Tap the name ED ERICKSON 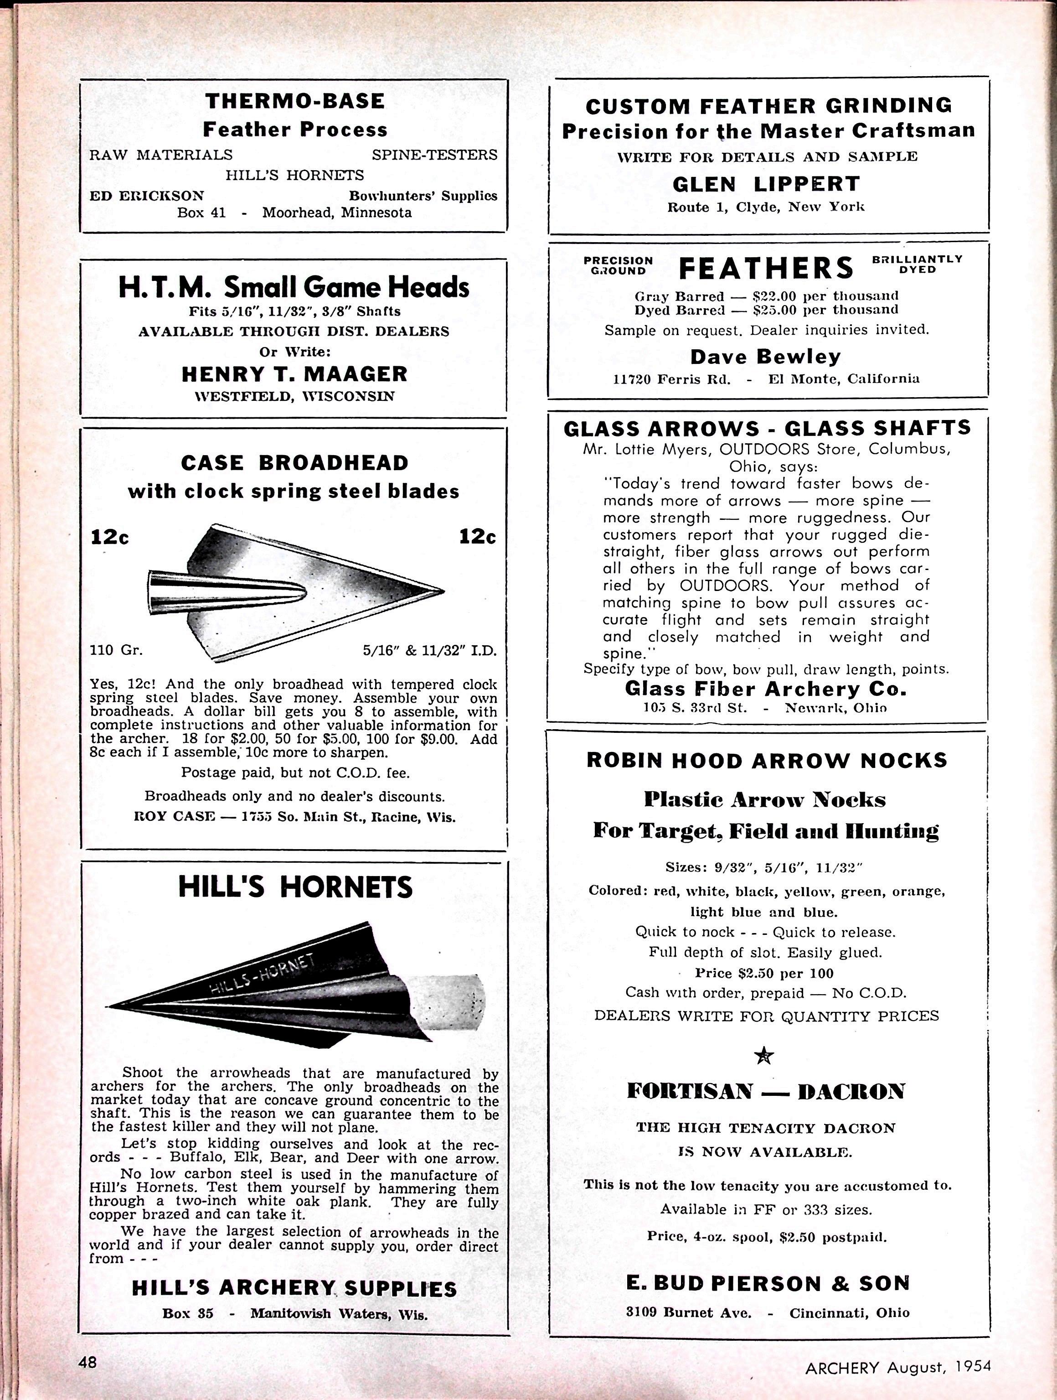[x=146, y=196]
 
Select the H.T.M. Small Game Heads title [x=294, y=287]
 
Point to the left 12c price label [x=110, y=537]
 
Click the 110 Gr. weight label [x=116, y=650]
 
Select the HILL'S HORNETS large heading [x=295, y=887]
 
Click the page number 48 [x=88, y=1361]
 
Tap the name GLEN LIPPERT [x=766, y=184]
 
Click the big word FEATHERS [x=766, y=268]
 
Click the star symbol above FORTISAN [x=764, y=1055]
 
